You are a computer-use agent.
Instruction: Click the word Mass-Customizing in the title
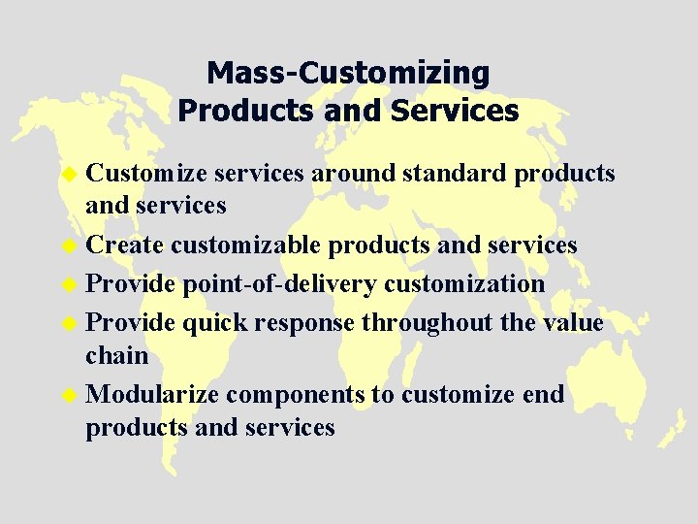tap(348, 73)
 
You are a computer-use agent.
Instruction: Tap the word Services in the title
tap(456, 111)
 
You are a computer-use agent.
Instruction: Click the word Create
tap(124, 246)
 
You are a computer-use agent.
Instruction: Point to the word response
tap(303, 322)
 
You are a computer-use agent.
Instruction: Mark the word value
tap(572, 322)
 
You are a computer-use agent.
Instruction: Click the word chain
tap(116, 355)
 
